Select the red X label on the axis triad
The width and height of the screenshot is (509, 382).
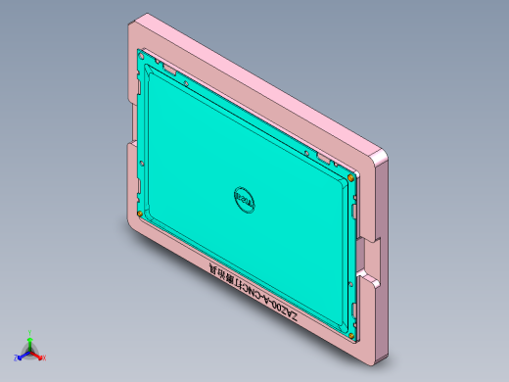44,358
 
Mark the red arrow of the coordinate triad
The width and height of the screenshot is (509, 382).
37,353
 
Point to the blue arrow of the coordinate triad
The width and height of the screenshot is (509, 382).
23,353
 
